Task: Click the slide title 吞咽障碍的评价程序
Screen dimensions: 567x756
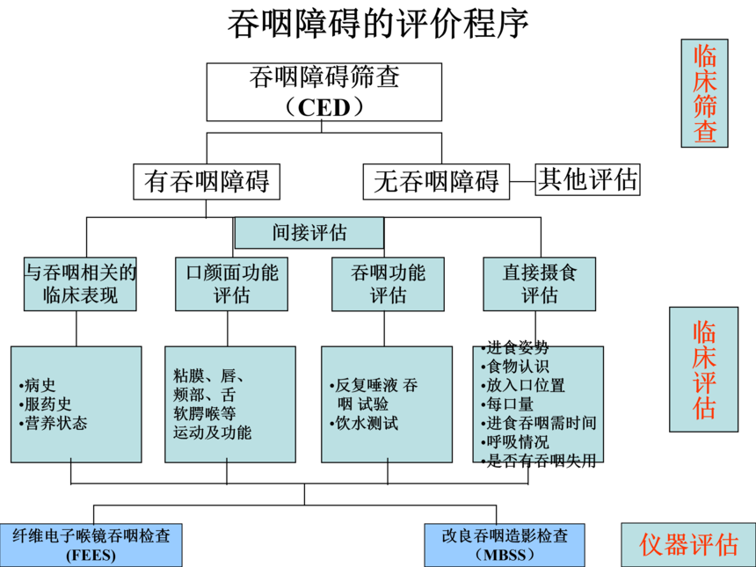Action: [378, 24]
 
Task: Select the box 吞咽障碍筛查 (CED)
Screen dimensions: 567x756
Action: [323, 91]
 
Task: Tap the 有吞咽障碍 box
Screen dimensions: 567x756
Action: [207, 182]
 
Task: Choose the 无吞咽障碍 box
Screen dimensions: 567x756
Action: [436, 182]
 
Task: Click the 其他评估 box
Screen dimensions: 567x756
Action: [588, 179]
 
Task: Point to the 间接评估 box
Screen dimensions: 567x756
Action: [309, 233]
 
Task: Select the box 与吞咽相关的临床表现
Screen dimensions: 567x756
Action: [81, 283]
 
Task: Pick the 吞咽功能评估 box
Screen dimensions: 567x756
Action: [388, 283]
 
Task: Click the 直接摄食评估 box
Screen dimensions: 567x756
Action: [539, 283]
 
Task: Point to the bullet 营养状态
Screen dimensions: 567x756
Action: [55, 423]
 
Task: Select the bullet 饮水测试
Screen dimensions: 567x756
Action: [364, 423]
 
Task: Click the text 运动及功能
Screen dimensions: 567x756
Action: [213, 432]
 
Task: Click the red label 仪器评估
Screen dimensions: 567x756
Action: [688, 545]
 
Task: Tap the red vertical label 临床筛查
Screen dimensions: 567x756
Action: [704, 93]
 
